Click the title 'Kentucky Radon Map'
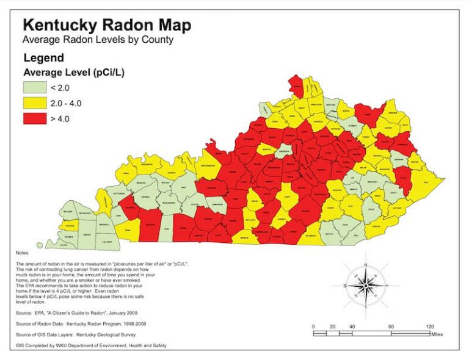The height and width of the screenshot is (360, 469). click(x=106, y=25)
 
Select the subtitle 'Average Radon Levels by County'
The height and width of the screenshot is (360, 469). click(x=98, y=40)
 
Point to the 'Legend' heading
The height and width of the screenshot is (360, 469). click(x=43, y=59)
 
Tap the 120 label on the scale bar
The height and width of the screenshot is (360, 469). click(x=429, y=327)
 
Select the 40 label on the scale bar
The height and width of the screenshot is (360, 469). click(x=352, y=327)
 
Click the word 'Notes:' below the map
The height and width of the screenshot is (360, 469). click(x=23, y=252)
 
